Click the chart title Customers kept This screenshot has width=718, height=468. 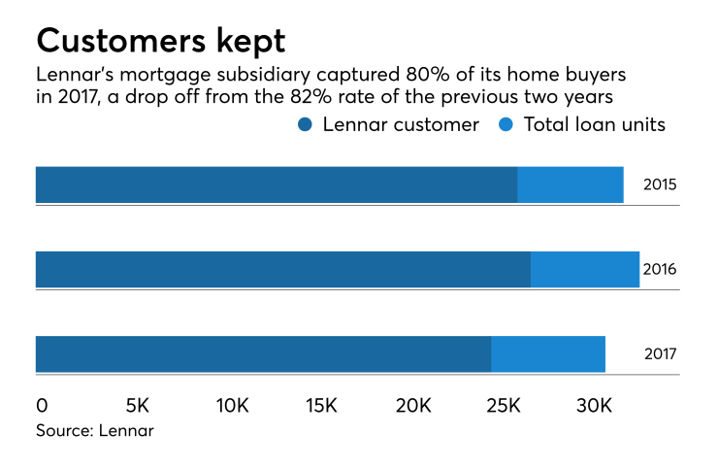click(160, 41)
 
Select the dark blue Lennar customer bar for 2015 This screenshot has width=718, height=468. click(277, 184)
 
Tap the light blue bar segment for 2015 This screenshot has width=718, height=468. click(571, 184)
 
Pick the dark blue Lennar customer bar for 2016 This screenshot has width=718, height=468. click(283, 269)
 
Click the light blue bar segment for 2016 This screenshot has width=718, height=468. click(585, 269)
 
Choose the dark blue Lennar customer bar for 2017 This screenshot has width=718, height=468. click(263, 353)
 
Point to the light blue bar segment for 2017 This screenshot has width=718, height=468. click(548, 353)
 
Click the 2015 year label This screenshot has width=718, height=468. click(660, 185)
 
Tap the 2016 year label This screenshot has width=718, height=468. click(660, 270)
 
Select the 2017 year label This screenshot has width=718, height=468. click(660, 354)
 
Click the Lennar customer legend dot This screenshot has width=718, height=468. click(306, 124)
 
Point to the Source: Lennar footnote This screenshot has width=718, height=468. click(95, 429)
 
